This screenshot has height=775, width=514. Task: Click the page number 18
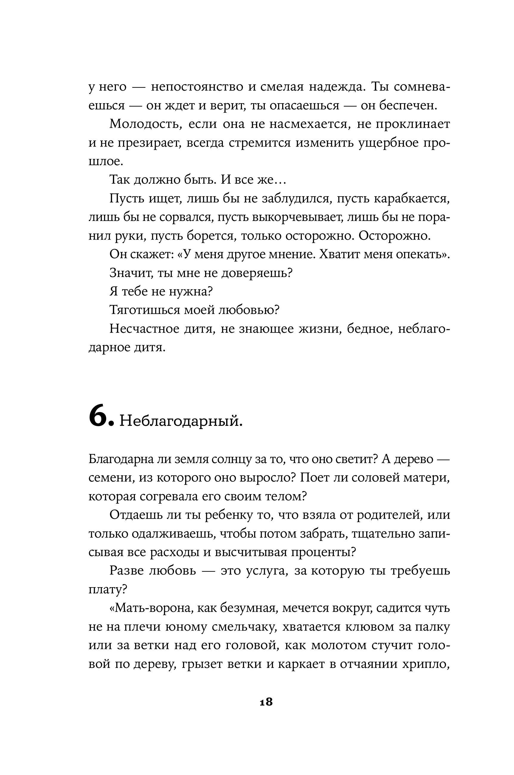(266, 702)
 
